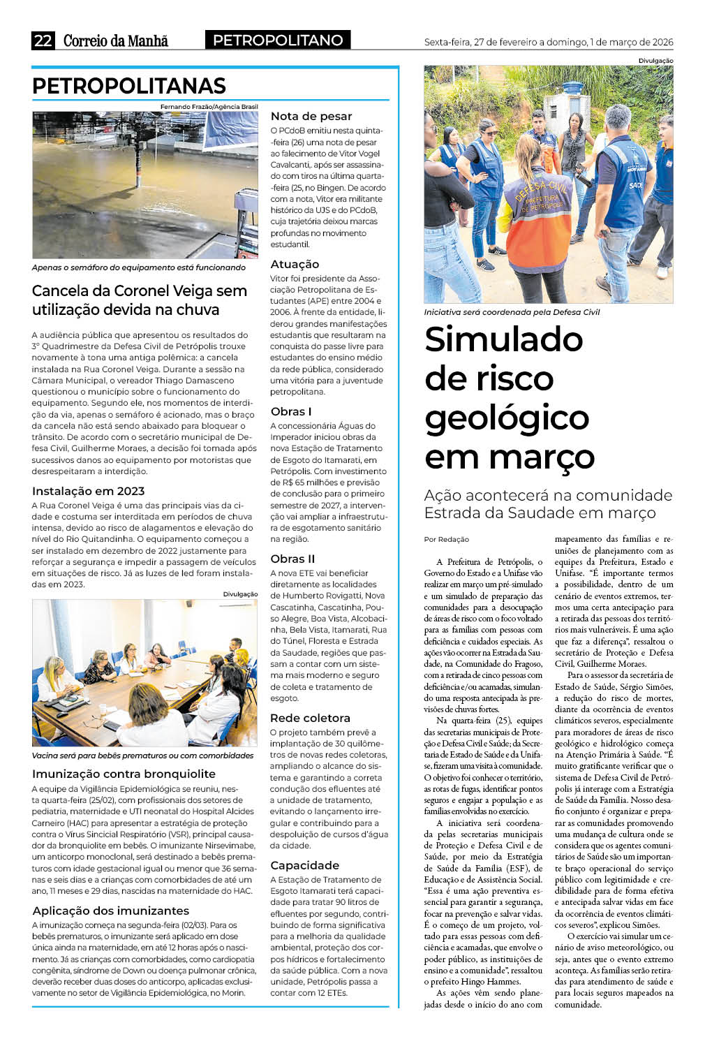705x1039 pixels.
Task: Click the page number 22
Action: [x=43, y=40]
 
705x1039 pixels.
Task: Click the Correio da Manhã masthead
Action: [x=116, y=40]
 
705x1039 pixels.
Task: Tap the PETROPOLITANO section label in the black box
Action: [x=278, y=40]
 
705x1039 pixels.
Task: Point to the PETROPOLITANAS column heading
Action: [x=129, y=86]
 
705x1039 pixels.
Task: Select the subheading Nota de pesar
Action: [x=311, y=116]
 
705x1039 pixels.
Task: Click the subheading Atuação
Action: [x=295, y=264]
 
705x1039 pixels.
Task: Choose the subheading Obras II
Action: [x=292, y=559]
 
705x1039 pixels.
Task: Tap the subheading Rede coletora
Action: [x=310, y=718]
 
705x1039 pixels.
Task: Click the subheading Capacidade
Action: [x=304, y=865]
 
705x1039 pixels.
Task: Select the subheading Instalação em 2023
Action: [x=88, y=491]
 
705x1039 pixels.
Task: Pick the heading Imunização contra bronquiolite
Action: [x=124, y=774]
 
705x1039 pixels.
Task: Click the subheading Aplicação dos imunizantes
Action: [x=110, y=911]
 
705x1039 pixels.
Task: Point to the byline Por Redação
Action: [x=447, y=539]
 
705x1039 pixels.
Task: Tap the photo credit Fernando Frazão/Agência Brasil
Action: [x=209, y=107]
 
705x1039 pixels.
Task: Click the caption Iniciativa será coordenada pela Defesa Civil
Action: [x=512, y=312]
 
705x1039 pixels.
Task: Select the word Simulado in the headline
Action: [x=504, y=339]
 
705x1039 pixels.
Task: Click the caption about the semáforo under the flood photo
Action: [x=139, y=267]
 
